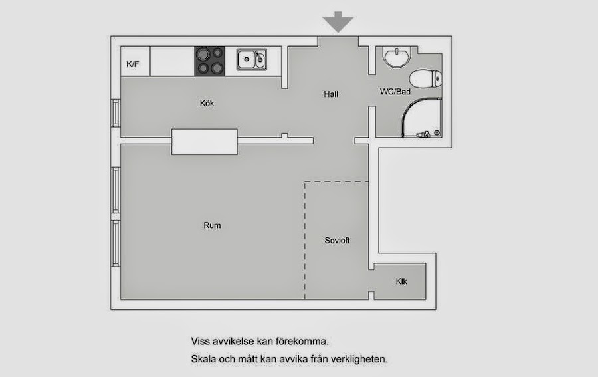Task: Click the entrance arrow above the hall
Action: [x=338, y=22]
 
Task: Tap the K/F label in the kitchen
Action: [x=133, y=64]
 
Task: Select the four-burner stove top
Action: [x=210, y=61]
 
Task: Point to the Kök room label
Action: [x=207, y=104]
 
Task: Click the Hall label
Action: [x=331, y=94]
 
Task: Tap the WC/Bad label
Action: [x=395, y=92]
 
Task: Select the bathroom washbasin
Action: [x=397, y=57]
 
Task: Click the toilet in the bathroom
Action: [x=426, y=79]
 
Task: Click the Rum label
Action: [x=212, y=225]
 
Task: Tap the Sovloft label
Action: [x=337, y=241]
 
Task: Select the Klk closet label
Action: [x=401, y=281]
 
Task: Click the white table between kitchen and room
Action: [x=205, y=142]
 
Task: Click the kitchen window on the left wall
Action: [x=116, y=113]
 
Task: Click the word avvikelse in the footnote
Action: [x=233, y=341]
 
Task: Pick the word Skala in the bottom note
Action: [x=203, y=359]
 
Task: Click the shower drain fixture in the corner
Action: [x=437, y=133]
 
